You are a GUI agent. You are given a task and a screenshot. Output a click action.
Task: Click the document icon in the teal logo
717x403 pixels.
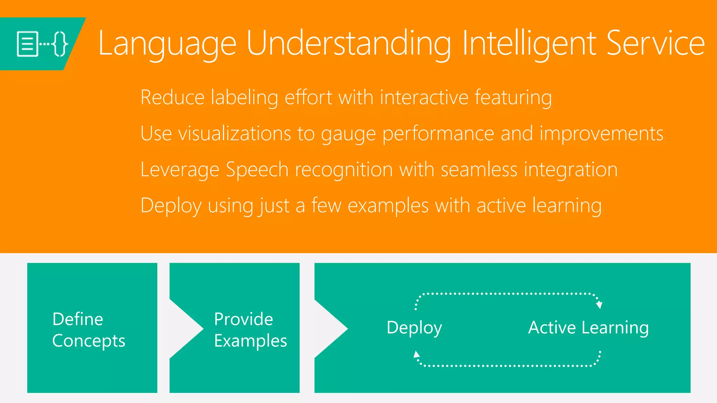tap(27, 44)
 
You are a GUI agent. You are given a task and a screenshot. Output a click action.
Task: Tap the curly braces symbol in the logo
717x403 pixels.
tap(60, 44)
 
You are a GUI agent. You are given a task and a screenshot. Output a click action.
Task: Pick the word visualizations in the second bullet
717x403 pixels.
tap(235, 134)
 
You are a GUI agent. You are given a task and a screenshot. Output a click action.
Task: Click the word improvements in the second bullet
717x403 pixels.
tap(601, 134)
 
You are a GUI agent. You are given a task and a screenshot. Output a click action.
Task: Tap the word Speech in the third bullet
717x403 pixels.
tap(257, 170)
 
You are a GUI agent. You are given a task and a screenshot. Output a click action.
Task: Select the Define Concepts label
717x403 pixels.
tap(89, 330)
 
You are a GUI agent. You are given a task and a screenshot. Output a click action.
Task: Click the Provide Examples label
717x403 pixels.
tap(250, 330)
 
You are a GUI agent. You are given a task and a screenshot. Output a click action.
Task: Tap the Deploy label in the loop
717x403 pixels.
tap(414, 328)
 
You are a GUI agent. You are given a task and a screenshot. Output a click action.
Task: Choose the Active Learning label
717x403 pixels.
tap(588, 328)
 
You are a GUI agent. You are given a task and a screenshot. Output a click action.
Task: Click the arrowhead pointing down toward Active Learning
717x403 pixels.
tap(599, 305)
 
